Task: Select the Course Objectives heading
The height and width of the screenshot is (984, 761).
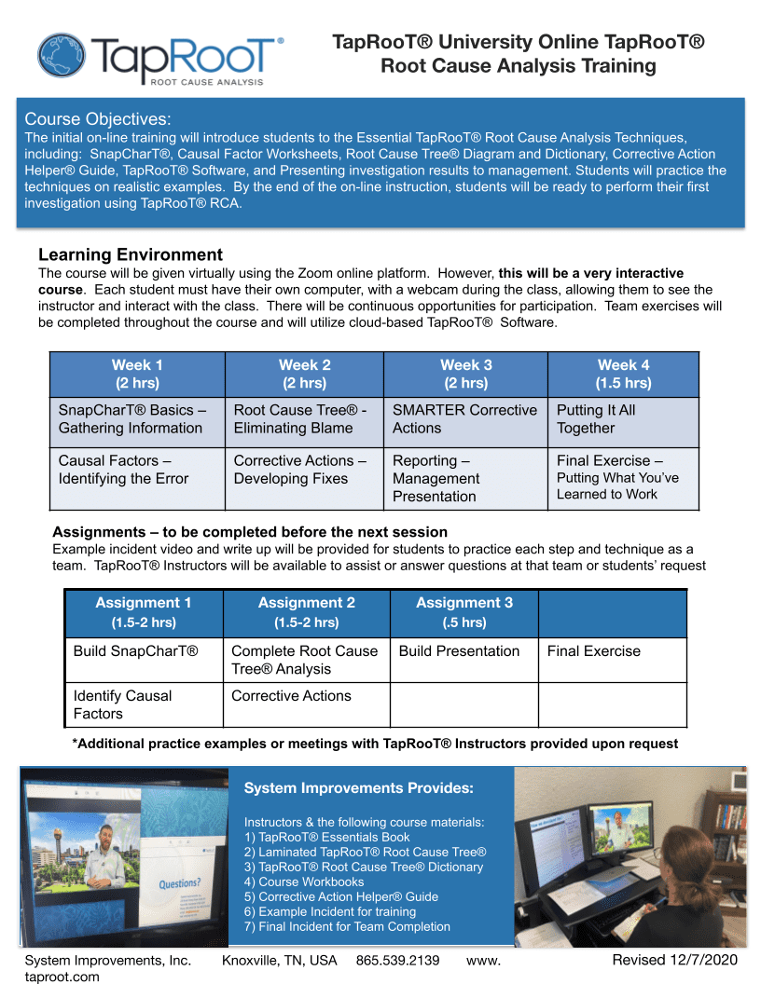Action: [98, 118]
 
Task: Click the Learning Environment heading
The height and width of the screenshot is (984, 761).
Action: [131, 254]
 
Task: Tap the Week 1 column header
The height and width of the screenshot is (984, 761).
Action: [137, 374]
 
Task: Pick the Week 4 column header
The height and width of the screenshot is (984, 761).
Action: [623, 374]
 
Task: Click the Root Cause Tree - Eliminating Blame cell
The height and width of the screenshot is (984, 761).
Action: [304, 419]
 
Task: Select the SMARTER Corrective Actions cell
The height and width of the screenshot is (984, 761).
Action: [464, 419]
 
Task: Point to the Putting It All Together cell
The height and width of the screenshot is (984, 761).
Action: [623, 419]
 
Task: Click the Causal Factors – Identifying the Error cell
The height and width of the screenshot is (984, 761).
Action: [137, 470]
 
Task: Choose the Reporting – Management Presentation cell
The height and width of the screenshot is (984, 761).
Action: [464, 478]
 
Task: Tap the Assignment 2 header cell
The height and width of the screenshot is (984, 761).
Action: [306, 612]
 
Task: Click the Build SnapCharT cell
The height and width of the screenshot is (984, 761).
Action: [136, 650]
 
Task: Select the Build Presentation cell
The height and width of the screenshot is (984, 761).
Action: [459, 650]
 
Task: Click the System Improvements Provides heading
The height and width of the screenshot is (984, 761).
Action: [358, 788]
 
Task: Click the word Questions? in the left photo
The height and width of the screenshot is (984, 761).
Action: [180, 883]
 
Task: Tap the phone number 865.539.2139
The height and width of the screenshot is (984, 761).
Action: [397, 960]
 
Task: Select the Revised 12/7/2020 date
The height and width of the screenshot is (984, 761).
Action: [674, 960]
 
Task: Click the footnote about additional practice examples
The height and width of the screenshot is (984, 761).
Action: [375, 744]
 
